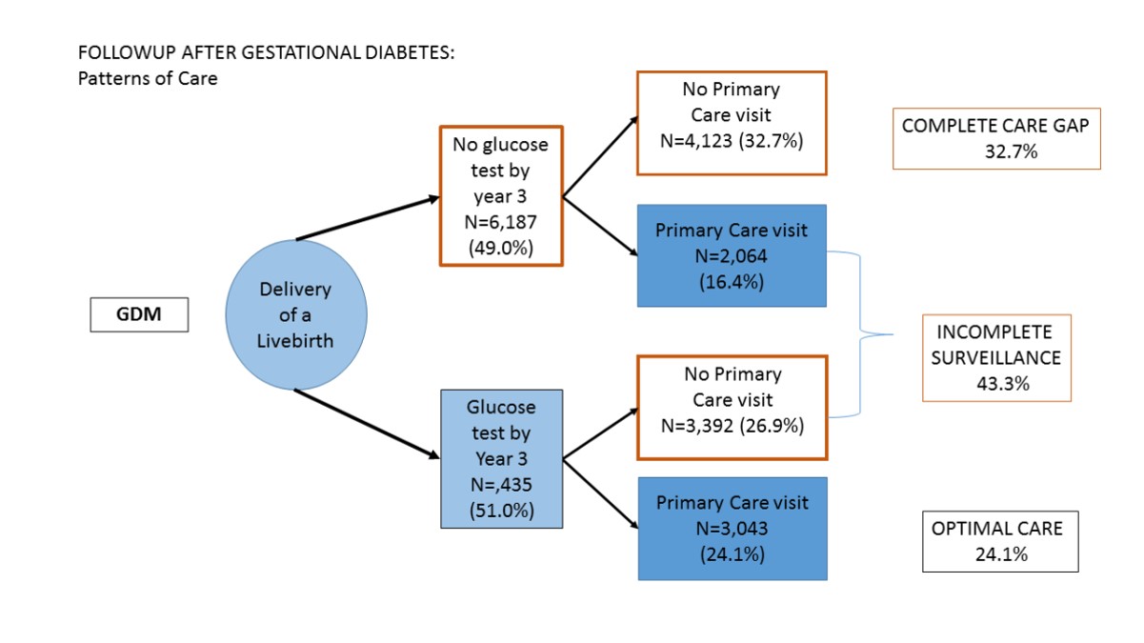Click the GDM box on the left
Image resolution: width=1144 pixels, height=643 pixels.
pyautogui.click(x=139, y=315)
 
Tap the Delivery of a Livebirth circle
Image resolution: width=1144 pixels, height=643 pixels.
pyautogui.click(x=296, y=314)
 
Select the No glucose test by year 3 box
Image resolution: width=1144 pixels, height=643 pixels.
pyautogui.click(x=501, y=195)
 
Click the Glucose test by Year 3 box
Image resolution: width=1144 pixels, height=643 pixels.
pyautogui.click(x=501, y=458)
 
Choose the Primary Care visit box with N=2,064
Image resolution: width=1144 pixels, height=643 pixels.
pyautogui.click(x=731, y=255)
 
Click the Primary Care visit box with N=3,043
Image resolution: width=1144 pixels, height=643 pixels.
pyautogui.click(x=731, y=528)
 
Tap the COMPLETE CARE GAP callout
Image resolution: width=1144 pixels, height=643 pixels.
pyautogui.click(x=995, y=138)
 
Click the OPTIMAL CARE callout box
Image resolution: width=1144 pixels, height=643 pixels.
pyautogui.click(x=999, y=541)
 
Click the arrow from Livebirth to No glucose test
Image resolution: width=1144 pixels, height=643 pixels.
pyautogui.click(x=368, y=219)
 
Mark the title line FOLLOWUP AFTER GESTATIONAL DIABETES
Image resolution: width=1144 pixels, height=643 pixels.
pyautogui.click(x=267, y=53)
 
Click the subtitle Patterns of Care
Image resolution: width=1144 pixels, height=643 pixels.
pyautogui.click(x=148, y=79)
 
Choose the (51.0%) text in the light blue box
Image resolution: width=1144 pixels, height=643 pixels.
pyautogui.click(x=501, y=510)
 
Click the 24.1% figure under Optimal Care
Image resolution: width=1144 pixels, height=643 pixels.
pyautogui.click(x=1000, y=554)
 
